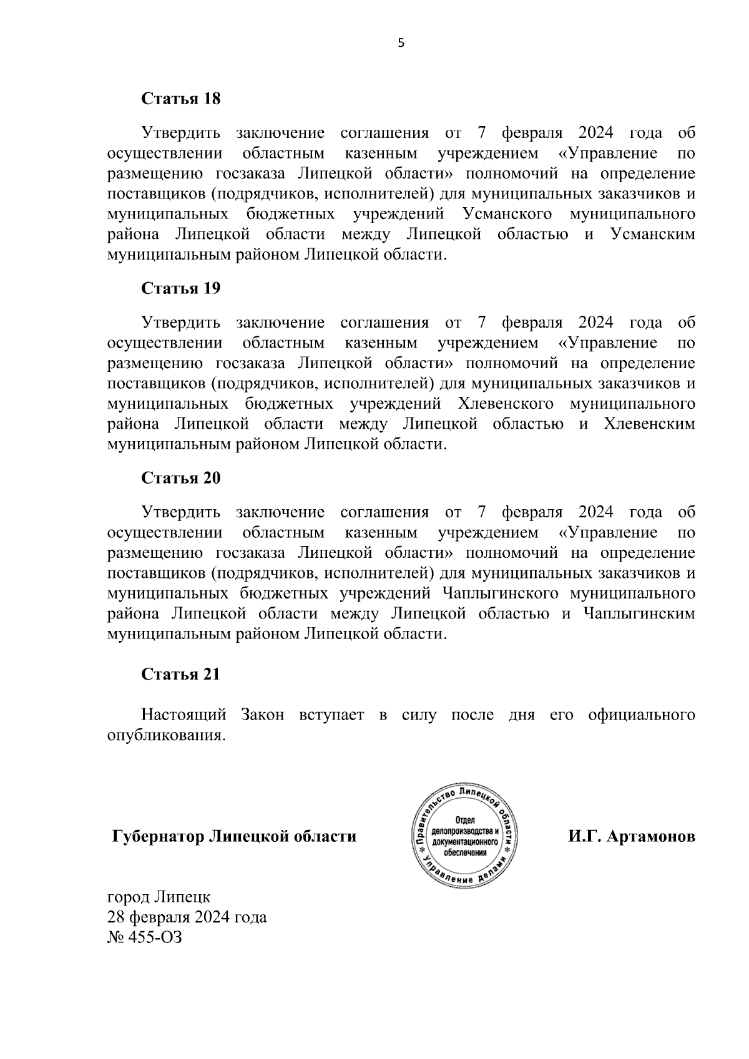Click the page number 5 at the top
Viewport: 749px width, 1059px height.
(401, 43)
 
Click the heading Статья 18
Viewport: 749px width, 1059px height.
(181, 99)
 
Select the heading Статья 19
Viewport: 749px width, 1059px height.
(181, 288)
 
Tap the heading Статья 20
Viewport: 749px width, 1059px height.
(181, 478)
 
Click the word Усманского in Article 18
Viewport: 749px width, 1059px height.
(508, 214)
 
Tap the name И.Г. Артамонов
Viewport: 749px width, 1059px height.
(631, 836)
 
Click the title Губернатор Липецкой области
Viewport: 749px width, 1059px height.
(234, 836)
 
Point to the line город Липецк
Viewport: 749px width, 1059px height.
(159, 897)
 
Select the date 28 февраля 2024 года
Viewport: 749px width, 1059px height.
(187, 917)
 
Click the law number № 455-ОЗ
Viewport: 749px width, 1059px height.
(145, 937)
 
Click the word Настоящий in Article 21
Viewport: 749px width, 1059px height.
(181, 715)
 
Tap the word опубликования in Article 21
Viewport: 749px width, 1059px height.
(165, 735)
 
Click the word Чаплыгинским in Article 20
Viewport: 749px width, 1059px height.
(639, 614)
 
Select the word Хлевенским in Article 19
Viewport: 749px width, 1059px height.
(649, 424)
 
